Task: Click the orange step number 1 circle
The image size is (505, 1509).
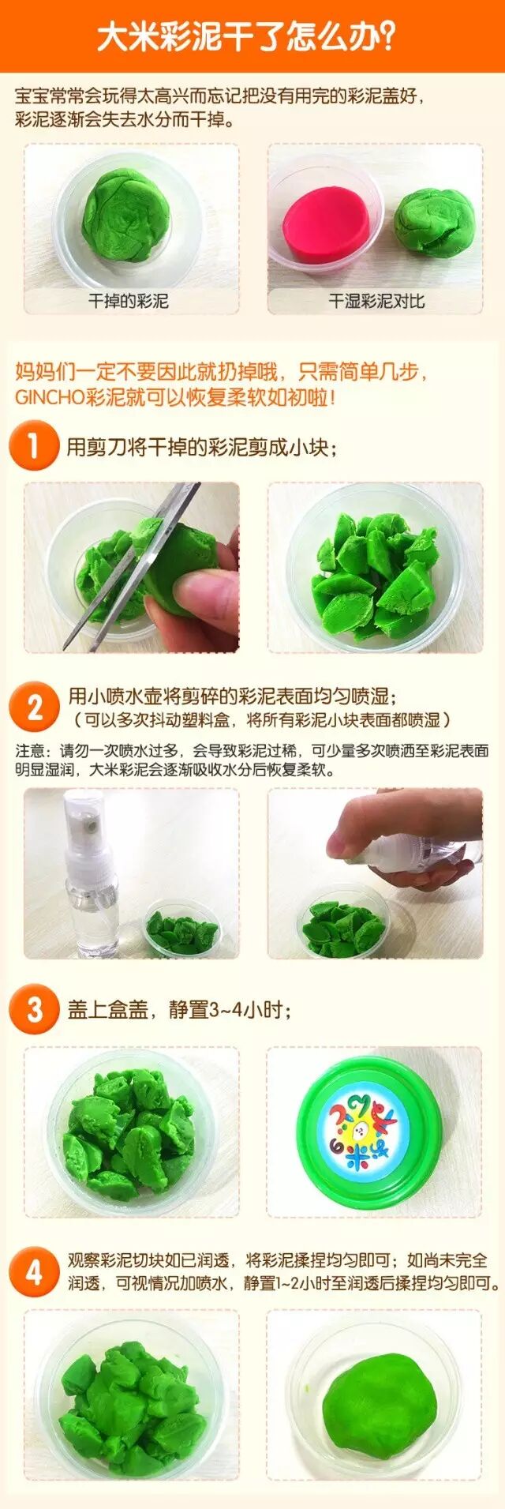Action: (34, 445)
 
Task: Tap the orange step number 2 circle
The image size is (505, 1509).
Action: (34, 707)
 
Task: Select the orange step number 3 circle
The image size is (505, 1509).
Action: (34, 1009)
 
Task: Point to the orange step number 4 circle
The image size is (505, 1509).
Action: (34, 1272)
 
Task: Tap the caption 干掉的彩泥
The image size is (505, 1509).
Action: (128, 301)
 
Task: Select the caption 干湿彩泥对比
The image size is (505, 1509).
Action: (376, 301)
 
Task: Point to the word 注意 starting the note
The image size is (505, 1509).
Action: (31, 749)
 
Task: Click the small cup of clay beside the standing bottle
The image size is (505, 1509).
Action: (181, 929)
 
